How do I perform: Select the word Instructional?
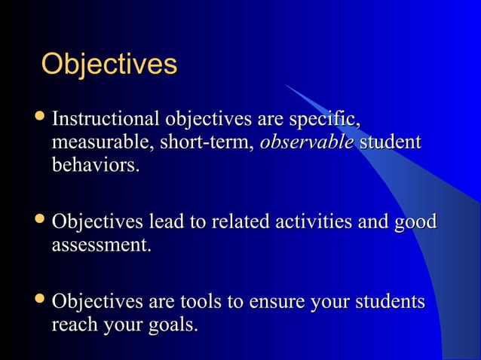[105, 120]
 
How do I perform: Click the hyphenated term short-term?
[207, 142]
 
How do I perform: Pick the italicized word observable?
[305, 142]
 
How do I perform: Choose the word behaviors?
[95, 165]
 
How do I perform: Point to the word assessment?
[101, 246]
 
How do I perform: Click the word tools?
[199, 303]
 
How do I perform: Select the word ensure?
[274, 304]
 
